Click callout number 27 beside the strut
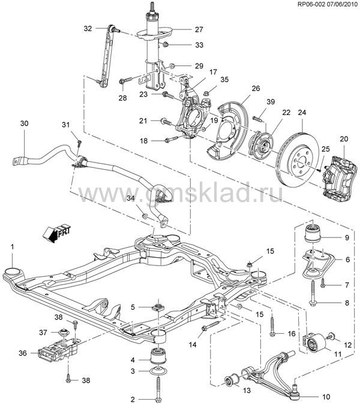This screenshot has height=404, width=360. coord(199,29)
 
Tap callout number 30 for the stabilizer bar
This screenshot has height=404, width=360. coord(24,123)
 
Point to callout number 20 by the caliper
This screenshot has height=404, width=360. coord(343,139)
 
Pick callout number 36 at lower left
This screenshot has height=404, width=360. coord(23,353)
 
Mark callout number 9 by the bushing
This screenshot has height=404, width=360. coord(346,238)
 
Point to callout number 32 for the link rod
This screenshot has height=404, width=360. coord(88,28)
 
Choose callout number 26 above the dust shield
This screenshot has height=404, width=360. coord(255,89)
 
